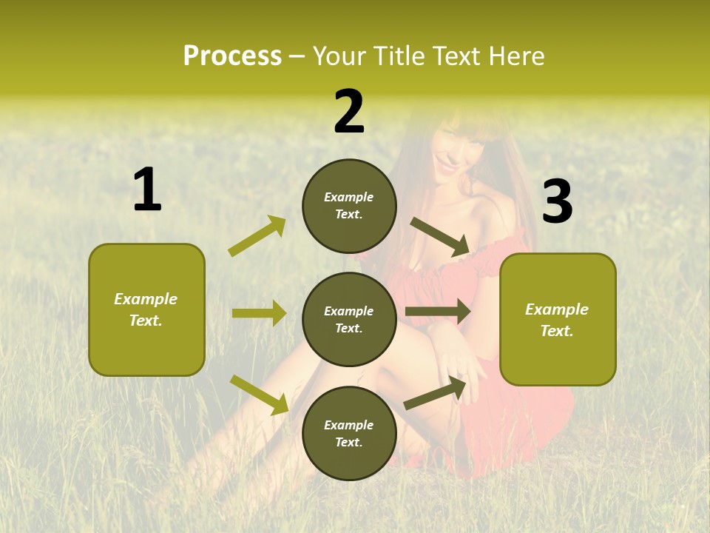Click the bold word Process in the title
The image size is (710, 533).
click(x=232, y=56)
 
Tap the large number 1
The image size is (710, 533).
click(x=147, y=190)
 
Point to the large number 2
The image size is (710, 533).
click(x=349, y=111)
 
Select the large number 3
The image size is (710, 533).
click(x=558, y=202)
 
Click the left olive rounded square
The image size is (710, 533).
click(x=146, y=309)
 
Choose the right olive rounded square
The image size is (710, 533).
click(x=558, y=320)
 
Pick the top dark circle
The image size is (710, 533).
click(x=349, y=206)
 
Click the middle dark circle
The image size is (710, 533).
click(x=349, y=319)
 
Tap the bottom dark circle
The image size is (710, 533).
click(x=349, y=433)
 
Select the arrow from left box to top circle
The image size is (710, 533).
click(x=257, y=236)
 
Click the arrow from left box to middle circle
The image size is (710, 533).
click(x=259, y=313)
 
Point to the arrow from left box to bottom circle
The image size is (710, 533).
click(x=260, y=395)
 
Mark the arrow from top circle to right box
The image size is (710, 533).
click(x=440, y=237)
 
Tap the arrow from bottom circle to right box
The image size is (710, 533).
click(x=436, y=394)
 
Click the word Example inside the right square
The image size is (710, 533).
click(x=557, y=309)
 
